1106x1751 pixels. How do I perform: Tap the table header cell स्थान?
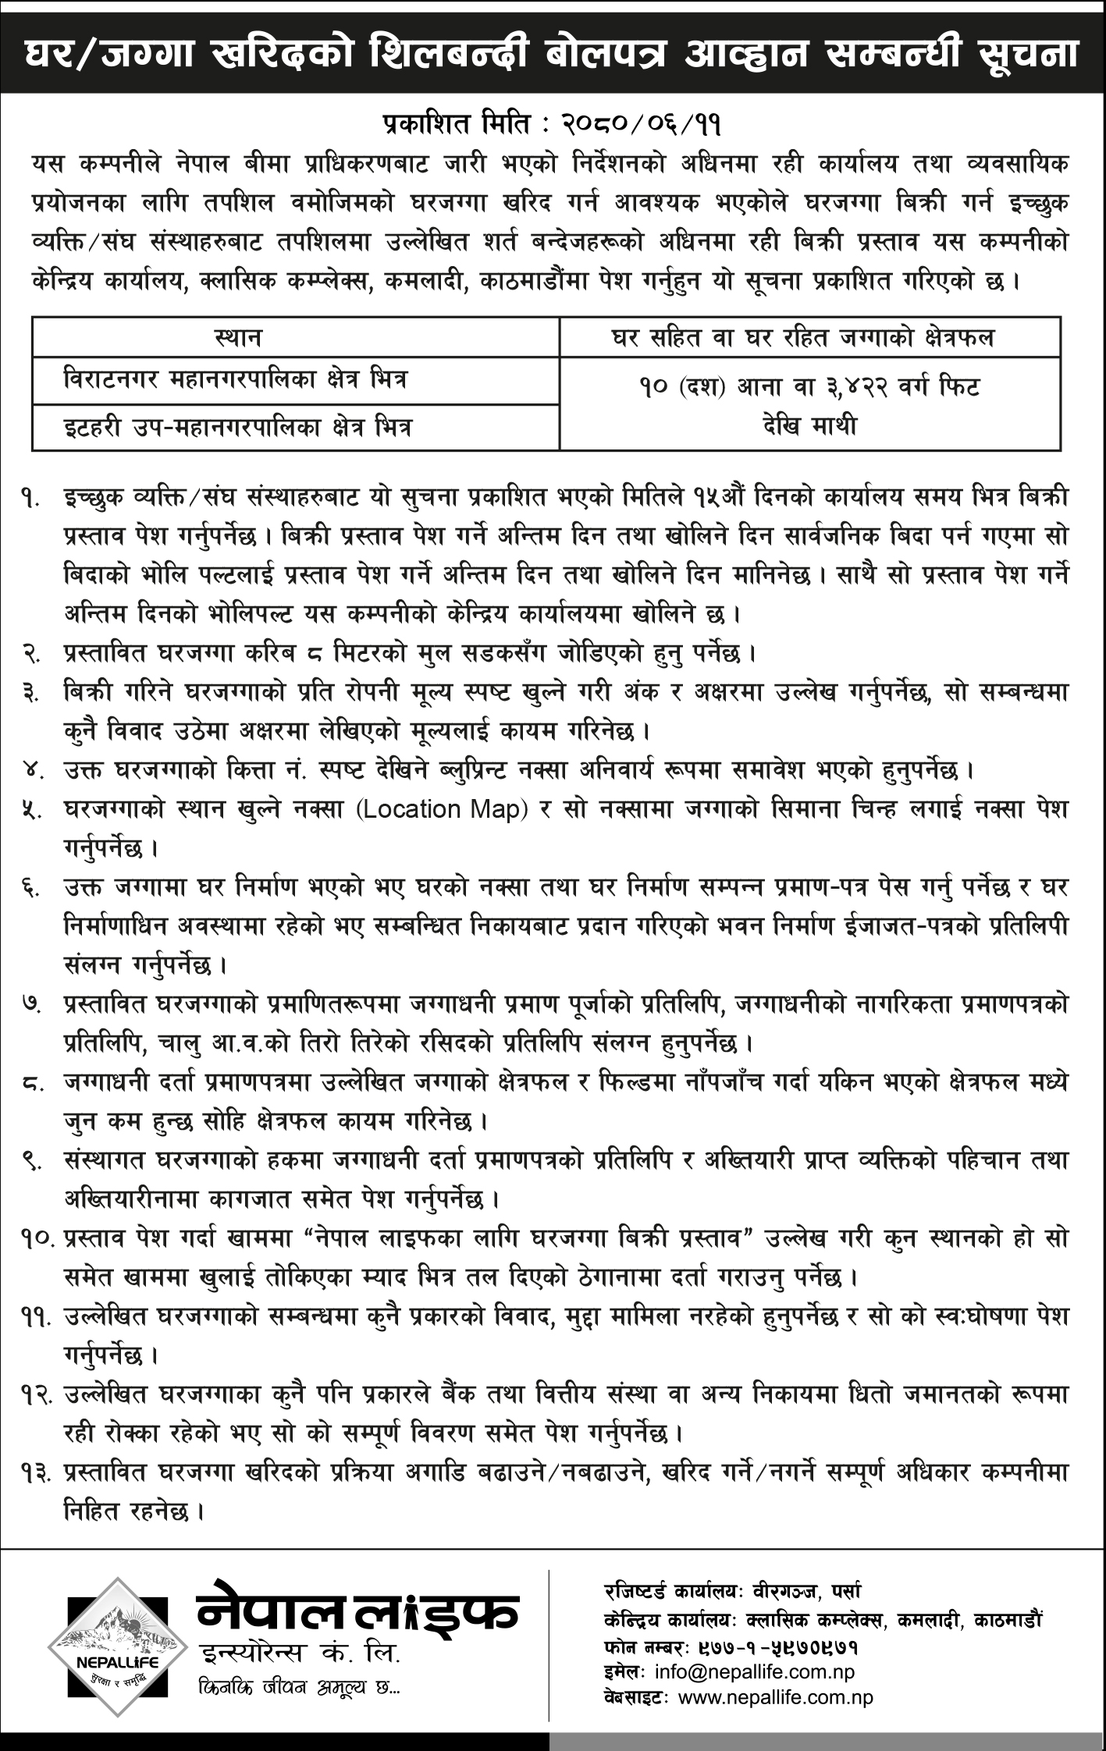[x=238, y=337]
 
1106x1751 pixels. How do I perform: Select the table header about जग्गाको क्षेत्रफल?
[x=809, y=337]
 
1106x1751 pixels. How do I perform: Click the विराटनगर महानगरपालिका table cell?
[x=236, y=381]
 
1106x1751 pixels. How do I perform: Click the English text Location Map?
[x=443, y=809]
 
